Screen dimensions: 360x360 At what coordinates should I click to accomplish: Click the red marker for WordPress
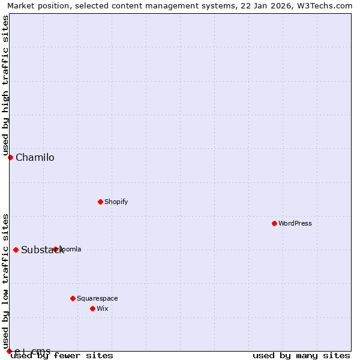tap(274, 223)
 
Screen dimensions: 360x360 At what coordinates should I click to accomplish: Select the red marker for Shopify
tap(100, 202)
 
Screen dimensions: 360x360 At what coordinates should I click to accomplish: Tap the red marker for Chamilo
tap(10, 157)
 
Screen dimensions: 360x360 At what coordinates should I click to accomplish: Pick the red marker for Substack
tap(16, 250)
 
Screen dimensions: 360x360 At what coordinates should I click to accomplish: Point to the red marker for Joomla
tap(55, 249)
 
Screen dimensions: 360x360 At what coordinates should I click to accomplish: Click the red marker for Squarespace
tap(73, 298)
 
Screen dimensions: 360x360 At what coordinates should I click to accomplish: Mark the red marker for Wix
tap(92, 308)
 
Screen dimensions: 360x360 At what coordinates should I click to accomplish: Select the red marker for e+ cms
tap(9, 351)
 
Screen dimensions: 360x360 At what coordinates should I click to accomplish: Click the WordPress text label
tap(295, 223)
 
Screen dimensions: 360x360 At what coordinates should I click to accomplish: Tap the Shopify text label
tap(116, 202)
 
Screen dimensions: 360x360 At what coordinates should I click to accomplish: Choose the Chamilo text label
tap(35, 158)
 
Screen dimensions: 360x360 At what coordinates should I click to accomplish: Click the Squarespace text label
tap(97, 298)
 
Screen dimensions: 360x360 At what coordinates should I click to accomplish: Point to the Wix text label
tap(103, 308)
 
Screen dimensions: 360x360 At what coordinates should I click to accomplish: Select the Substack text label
tap(42, 250)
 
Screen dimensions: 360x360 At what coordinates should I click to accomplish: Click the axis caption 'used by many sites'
tap(301, 356)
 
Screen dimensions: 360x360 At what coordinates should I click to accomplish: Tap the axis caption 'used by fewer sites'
tap(62, 356)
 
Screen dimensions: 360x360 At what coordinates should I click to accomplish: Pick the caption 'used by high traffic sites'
tap(5, 86)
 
